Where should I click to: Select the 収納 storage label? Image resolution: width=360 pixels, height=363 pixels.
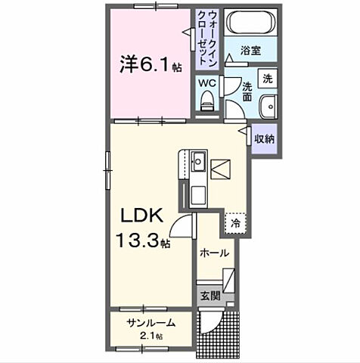264,138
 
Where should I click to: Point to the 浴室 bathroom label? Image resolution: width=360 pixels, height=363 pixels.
251,51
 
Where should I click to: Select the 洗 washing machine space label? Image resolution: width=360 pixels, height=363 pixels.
267,79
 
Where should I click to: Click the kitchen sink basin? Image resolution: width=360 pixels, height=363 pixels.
198,162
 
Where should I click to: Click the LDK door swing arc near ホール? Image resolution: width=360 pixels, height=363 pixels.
182,224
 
